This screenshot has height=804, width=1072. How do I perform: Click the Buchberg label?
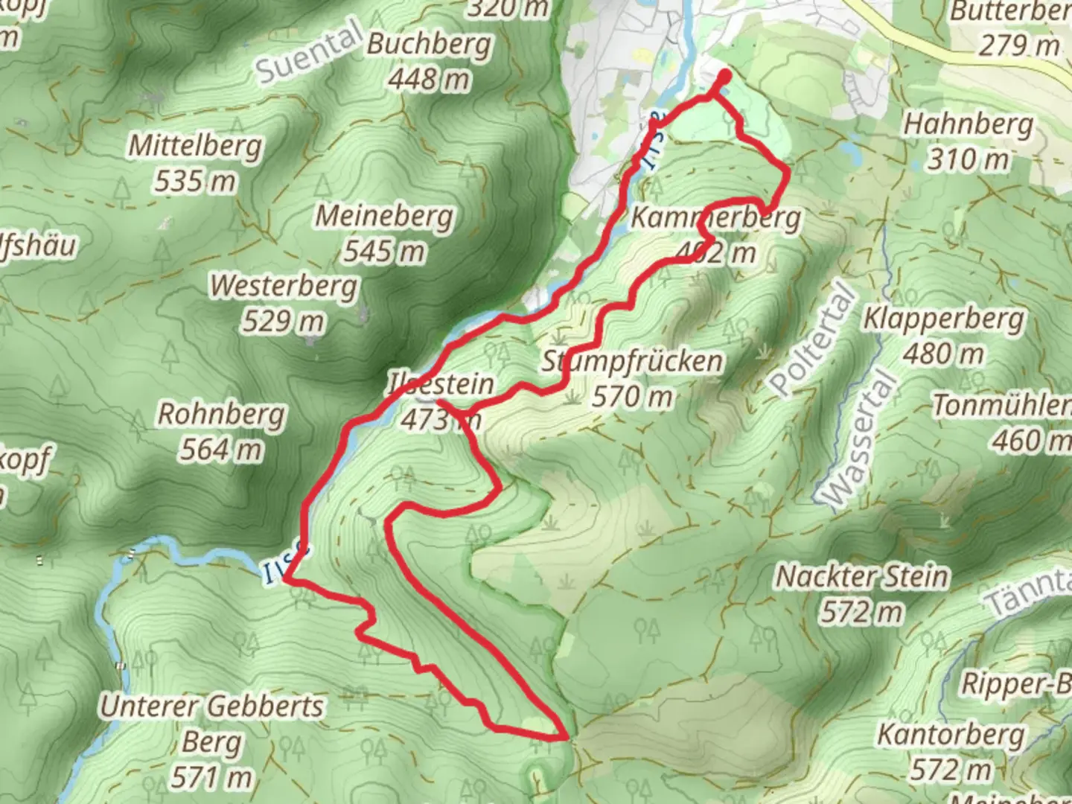click(x=430, y=45)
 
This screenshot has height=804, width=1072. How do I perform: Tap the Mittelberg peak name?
click(x=195, y=146)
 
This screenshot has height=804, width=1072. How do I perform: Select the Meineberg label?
click(x=384, y=217)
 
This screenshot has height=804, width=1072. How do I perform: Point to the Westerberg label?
click(x=284, y=286)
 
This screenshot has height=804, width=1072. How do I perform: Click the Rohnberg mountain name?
click(x=221, y=414)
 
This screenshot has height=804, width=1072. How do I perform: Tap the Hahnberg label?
click(x=968, y=124)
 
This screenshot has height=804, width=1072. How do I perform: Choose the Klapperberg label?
click(x=943, y=319)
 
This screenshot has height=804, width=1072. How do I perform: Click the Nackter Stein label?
click(x=862, y=576)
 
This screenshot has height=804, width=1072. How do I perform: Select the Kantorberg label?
click(x=951, y=734)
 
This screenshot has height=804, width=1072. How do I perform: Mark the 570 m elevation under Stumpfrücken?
click(x=632, y=397)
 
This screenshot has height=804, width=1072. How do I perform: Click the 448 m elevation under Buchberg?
click(x=429, y=80)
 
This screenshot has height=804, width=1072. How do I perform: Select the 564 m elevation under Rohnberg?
click(x=220, y=449)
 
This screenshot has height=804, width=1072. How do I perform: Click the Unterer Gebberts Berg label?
click(x=212, y=741)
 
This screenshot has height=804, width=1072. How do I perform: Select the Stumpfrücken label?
click(x=631, y=362)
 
